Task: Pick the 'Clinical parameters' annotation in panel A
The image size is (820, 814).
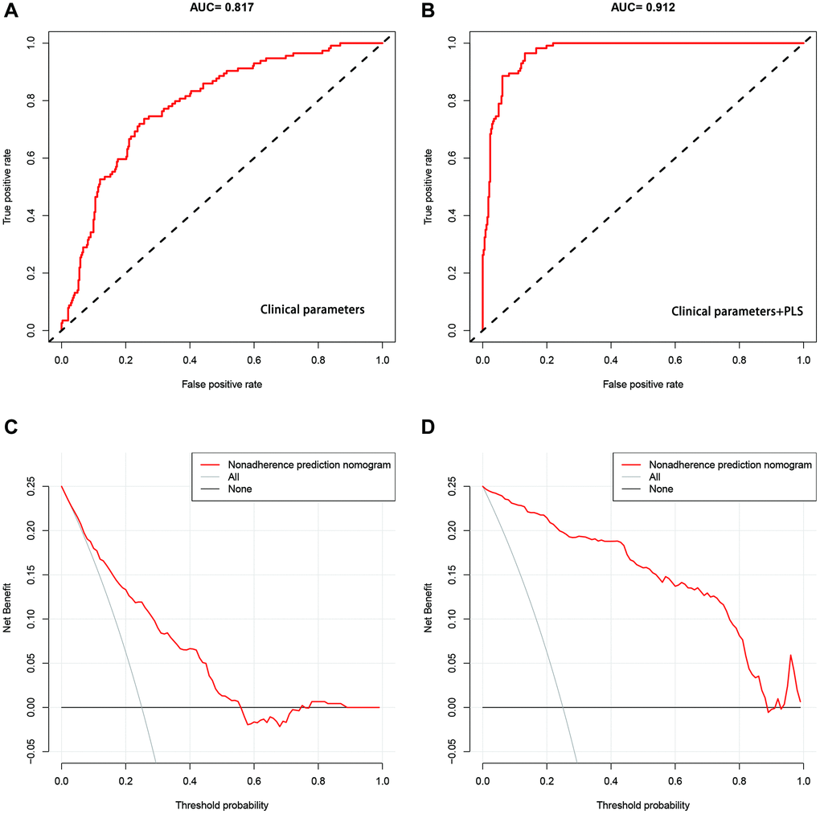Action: tap(311, 309)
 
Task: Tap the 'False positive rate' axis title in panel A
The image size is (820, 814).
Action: tap(221, 385)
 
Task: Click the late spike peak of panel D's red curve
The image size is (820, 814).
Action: tap(791, 655)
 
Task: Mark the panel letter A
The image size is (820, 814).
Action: tap(10, 11)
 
